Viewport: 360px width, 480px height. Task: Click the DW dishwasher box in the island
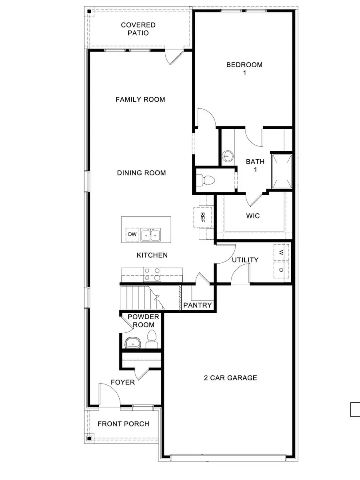[x=132, y=235]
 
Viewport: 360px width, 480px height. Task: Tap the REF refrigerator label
[x=202, y=217]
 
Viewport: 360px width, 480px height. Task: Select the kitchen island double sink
[x=150, y=235]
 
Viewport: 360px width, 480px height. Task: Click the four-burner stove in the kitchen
[x=152, y=274]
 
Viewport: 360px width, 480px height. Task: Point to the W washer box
[x=281, y=252]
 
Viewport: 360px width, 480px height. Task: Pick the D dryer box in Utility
[x=281, y=270]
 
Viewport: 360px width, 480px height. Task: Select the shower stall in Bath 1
[x=282, y=171]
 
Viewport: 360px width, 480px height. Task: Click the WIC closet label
[x=253, y=216]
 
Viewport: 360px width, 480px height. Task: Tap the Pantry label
[x=197, y=305]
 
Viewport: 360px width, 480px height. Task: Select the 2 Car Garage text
[x=230, y=378]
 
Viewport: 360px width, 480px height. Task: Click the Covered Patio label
[x=138, y=29]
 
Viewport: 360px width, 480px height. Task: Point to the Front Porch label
[x=123, y=424]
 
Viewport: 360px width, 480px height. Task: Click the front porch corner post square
[x=89, y=438]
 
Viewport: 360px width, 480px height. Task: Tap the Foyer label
[x=122, y=382]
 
